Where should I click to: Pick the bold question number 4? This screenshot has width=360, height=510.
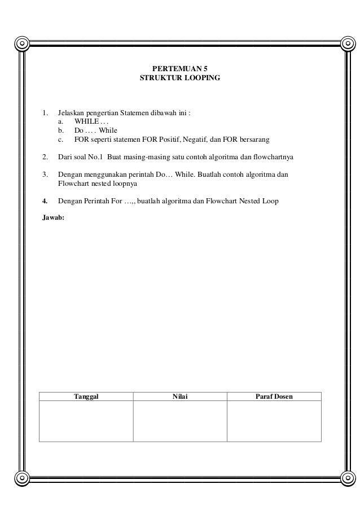tap(45, 200)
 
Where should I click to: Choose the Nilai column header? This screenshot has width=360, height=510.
tap(180, 396)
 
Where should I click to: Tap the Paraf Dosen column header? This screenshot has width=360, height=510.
tap(274, 396)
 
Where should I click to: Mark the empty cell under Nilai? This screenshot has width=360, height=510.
tap(180, 421)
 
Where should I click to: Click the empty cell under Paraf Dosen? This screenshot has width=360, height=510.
tap(274, 421)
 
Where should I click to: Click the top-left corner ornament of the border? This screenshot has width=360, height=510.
tap(21, 43)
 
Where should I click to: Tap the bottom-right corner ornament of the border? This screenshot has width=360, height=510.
tap(340, 478)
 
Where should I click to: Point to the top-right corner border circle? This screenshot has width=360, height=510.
tap(340, 43)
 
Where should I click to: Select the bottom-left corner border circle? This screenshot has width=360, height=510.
tap(21, 478)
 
